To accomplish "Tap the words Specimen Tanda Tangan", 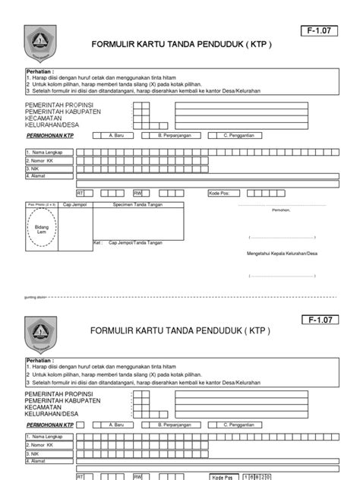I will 137,205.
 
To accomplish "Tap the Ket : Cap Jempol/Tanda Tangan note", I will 128,242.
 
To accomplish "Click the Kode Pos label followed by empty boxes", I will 219,193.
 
